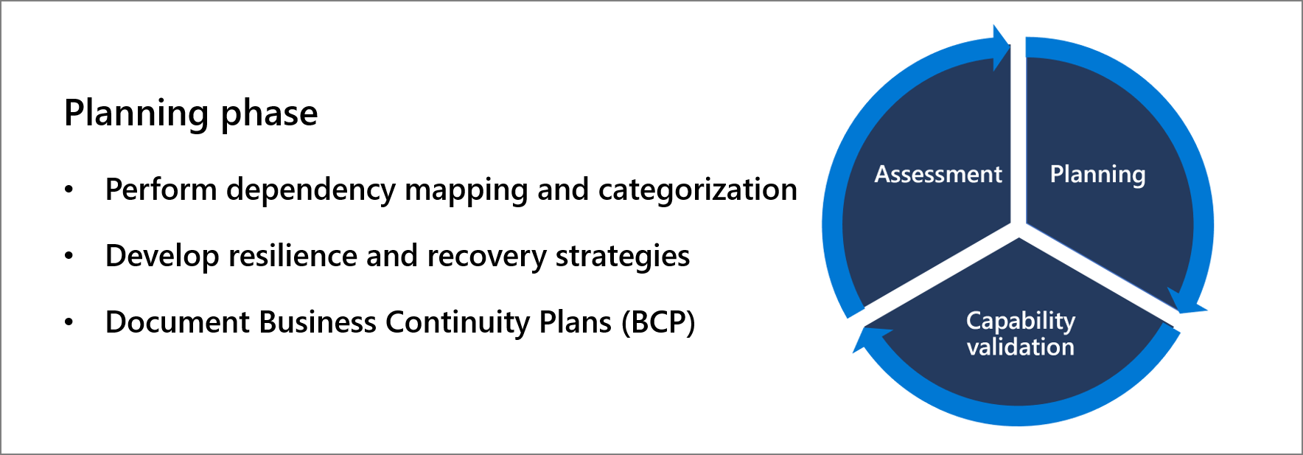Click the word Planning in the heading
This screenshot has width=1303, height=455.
[136, 114]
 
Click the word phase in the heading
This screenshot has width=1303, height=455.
[269, 114]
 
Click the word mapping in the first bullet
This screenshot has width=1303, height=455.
[467, 190]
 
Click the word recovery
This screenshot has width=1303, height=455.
[486, 256]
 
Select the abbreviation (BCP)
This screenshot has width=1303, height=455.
[657, 322]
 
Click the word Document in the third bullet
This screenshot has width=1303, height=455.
[178, 322]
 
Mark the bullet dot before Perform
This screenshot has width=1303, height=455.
[69, 190]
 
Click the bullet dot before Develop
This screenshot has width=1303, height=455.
[69, 257]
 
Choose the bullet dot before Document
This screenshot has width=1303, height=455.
[69, 323]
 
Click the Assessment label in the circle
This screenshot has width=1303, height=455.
[937, 175]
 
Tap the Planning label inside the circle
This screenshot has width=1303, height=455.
[1097, 175]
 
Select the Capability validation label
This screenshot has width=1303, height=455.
[1020, 334]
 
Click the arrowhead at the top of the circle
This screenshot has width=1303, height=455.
[1000, 47]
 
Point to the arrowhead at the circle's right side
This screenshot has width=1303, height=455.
[1186, 302]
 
